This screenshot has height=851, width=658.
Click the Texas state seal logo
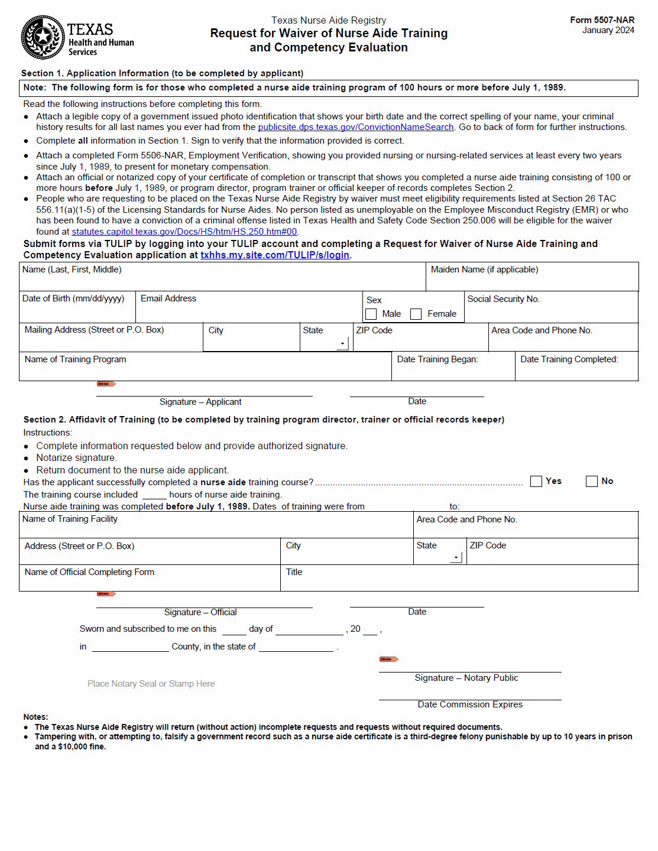point(43,37)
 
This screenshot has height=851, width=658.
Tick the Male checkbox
point(371,314)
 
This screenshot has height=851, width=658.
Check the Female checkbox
point(416,314)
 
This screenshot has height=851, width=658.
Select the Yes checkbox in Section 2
point(536,481)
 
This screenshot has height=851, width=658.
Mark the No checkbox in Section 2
point(592,481)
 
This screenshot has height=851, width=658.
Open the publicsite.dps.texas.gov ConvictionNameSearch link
point(355,127)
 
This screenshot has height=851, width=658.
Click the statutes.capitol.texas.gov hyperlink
point(184,232)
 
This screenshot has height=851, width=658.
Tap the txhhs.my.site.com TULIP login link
point(275,255)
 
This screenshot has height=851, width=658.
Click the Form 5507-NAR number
point(602,20)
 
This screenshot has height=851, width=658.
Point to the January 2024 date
point(608,30)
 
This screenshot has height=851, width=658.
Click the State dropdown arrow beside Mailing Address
point(342,343)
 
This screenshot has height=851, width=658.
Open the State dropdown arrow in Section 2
point(456,557)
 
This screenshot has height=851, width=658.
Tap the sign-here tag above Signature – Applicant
point(106,384)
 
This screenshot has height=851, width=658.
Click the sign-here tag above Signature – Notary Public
point(388,659)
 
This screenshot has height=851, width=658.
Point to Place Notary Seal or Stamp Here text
point(151,684)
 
